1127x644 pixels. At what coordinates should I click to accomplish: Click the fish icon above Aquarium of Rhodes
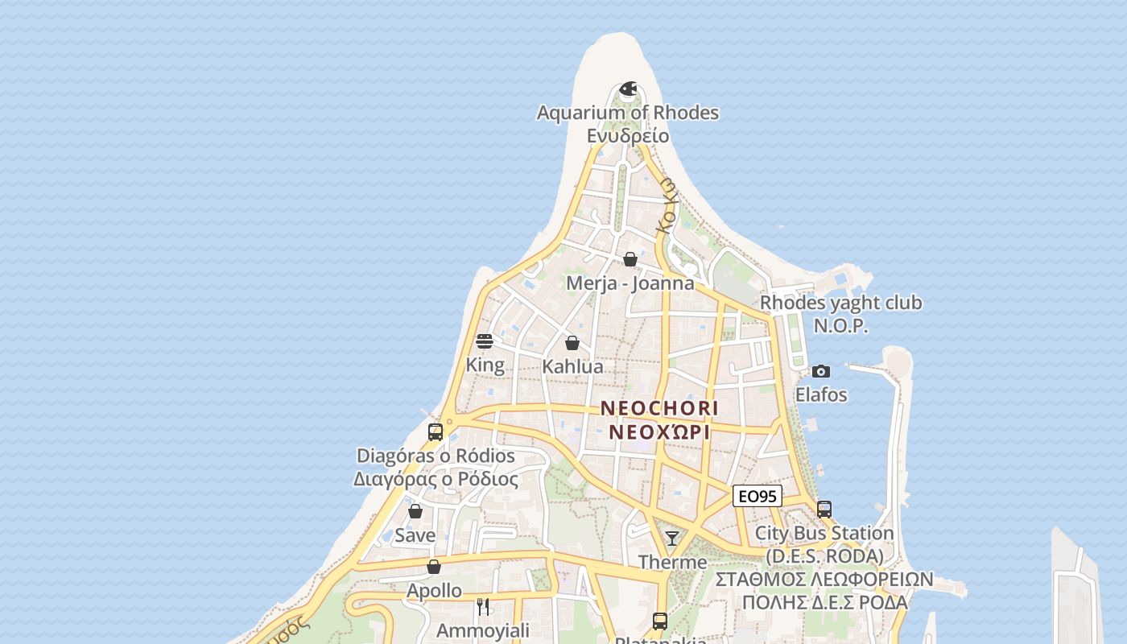628,88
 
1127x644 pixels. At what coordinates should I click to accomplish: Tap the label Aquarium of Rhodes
628,113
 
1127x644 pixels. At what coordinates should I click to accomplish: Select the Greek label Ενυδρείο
628,135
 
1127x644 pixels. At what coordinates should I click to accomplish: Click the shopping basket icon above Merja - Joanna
630,259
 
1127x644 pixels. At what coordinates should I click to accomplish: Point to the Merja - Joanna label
630,283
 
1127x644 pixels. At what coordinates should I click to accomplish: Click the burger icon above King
485,341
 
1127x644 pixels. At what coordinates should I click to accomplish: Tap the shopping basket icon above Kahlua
572,343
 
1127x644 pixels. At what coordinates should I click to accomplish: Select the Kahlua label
572,367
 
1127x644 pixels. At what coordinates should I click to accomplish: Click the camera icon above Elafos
821,371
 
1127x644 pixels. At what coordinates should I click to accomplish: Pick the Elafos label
821,394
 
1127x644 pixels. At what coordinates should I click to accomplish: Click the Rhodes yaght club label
841,303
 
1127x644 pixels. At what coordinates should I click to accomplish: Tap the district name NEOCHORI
659,409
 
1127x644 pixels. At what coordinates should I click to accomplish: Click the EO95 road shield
758,497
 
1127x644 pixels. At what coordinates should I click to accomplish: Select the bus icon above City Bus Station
824,509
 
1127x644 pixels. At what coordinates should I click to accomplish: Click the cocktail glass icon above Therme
672,538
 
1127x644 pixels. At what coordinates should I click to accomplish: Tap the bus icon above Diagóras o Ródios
436,431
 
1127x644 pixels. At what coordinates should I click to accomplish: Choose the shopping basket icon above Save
415,511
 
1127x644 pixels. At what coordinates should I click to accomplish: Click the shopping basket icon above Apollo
434,567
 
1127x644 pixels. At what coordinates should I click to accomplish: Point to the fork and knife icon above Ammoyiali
483,606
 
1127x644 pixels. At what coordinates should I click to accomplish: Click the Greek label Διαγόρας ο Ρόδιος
436,479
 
